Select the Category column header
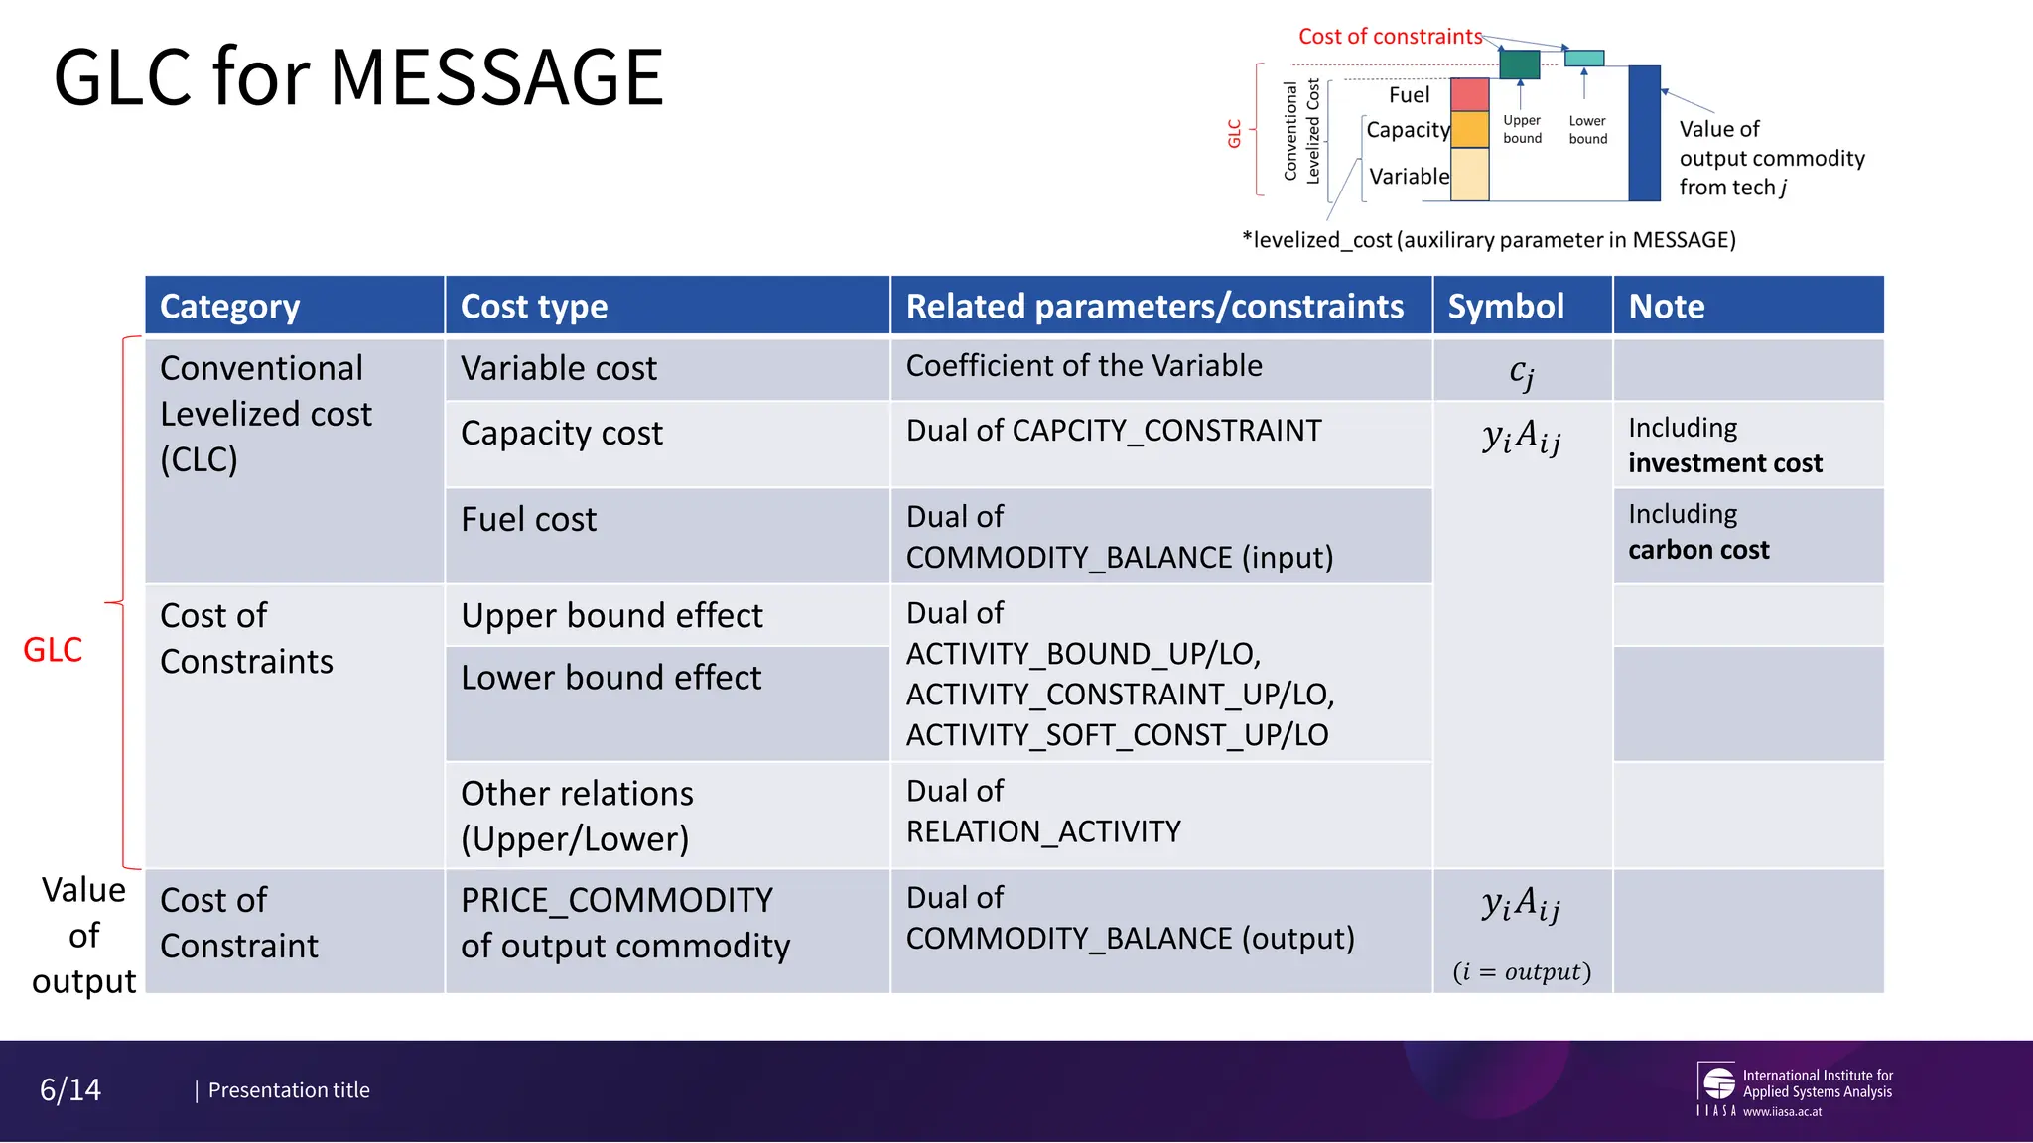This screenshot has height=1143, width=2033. [x=229, y=307]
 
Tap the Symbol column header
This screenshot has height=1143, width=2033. [x=1506, y=307]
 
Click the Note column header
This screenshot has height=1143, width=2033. [x=1667, y=307]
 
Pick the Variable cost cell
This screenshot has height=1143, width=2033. [x=559, y=369]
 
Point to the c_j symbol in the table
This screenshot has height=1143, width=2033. [x=1522, y=372]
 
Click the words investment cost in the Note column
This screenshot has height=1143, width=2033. [x=1725, y=463]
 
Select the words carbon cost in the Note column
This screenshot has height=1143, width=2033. [x=1698, y=550]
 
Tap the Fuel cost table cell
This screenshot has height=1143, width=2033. [x=529, y=520]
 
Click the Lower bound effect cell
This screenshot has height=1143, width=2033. [x=611, y=678]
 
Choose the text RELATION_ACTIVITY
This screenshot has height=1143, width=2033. [x=1043, y=831]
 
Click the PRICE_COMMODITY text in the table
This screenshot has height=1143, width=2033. [x=616, y=900]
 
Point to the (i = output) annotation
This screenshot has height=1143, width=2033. [x=1522, y=971]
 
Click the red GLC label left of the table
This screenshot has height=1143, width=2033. [x=53, y=650]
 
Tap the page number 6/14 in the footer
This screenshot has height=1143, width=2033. [x=70, y=1089]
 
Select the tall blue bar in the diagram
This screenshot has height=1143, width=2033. [x=1644, y=133]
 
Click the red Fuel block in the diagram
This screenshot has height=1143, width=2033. [x=1469, y=94]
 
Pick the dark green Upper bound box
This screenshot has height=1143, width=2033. [x=1519, y=64]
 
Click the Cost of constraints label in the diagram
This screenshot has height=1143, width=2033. [x=1390, y=37]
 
